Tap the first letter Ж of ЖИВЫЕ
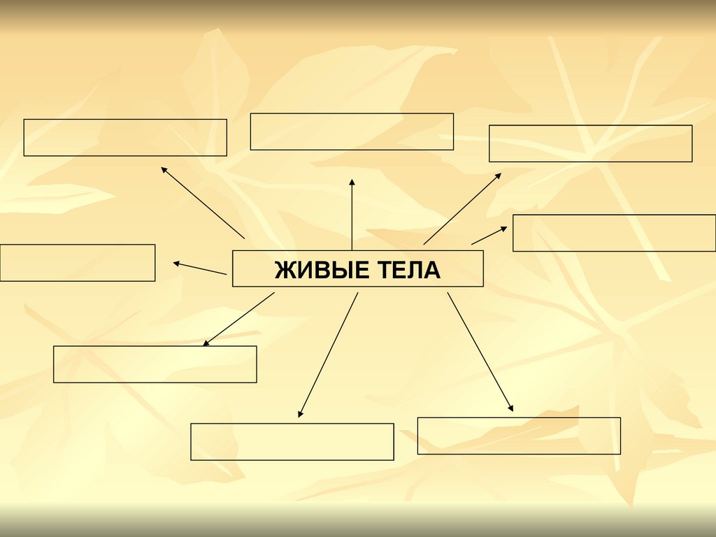pyautogui.click(x=284, y=270)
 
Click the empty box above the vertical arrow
pyautogui.click(x=352, y=131)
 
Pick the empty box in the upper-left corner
pyautogui.click(x=125, y=137)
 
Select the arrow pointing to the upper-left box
pyautogui.click(x=203, y=203)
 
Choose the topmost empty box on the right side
pyautogui.click(x=590, y=143)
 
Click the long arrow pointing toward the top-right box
pyautogui.click(x=461, y=208)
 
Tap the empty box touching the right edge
pyautogui.click(x=614, y=233)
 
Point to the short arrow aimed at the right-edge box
pyautogui.click(x=489, y=236)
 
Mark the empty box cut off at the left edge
pyautogui.click(x=77, y=262)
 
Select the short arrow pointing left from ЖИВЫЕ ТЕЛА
pyautogui.click(x=200, y=268)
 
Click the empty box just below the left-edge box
pyautogui.click(x=155, y=364)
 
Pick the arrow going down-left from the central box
pyautogui.click(x=238, y=319)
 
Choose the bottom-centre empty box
pyautogui.click(x=292, y=441)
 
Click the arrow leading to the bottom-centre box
pyautogui.click(x=328, y=355)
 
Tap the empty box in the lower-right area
pyautogui.click(x=519, y=436)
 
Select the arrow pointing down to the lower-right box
pyautogui.click(x=480, y=352)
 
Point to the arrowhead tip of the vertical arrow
pyautogui.click(x=352, y=180)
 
